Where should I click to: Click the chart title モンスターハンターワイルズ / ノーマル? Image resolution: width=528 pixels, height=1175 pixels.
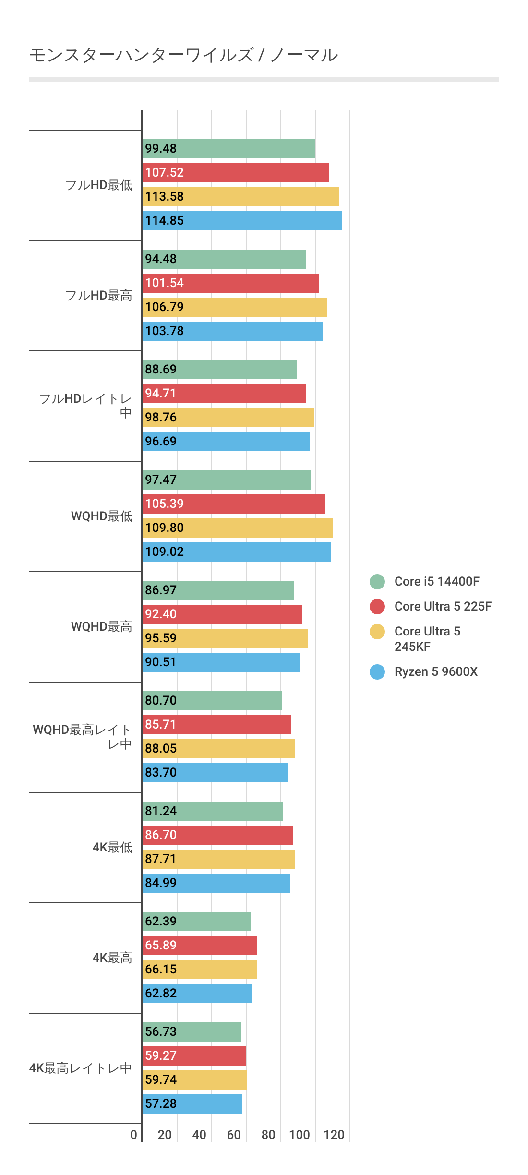pyautogui.click(x=184, y=55)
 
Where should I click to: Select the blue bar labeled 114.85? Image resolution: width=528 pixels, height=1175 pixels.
pyautogui.click(x=242, y=221)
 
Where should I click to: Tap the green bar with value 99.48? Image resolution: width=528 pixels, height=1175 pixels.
pyautogui.click(x=229, y=149)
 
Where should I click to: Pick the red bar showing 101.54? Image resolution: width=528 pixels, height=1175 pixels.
pyautogui.click(x=231, y=283)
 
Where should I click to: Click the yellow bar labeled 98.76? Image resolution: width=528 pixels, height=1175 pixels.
pyautogui.click(x=228, y=418)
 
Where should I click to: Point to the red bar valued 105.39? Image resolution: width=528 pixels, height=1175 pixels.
pyautogui.click(x=234, y=504)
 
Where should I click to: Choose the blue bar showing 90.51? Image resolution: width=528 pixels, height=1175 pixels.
pyautogui.click(x=221, y=662)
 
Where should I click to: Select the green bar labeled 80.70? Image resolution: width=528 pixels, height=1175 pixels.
pyautogui.click(x=213, y=701)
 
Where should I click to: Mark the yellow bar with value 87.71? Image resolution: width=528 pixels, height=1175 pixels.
pyautogui.click(x=219, y=859)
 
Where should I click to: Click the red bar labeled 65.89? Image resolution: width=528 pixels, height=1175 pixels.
pyautogui.click(x=200, y=946)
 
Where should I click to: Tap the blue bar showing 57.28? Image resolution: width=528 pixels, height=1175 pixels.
pyautogui.click(x=192, y=1104)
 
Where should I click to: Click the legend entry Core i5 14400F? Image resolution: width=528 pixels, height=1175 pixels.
pyautogui.click(x=437, y=582)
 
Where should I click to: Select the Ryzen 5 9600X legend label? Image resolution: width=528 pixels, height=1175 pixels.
pyautogui.click(x=436, y=672)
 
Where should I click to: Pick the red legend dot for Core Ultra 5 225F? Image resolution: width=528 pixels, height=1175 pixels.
pyautogui.click(x=377, y=607)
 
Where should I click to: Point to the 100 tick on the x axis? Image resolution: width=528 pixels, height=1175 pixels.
pyautogui.click(x=300, y=1135)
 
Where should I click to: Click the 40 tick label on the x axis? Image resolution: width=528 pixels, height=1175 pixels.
pyautogui.click(x=199, y=1135)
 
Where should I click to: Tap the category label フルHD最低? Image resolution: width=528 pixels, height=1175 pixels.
pyautogui.click(x=99, y=185)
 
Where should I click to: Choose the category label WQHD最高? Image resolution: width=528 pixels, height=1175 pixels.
pyautogui.click(x=101, y=627)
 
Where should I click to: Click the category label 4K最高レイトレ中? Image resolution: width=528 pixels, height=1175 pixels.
pyautogui.click(x=81, y=1068)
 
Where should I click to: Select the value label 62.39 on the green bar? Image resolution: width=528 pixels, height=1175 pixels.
pyautogui.click(x=161, y=922)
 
